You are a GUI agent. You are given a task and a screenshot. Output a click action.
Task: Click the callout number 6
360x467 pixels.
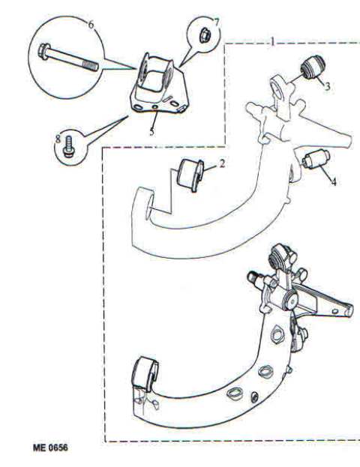91,25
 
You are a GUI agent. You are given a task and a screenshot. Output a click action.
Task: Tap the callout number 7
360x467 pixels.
217,22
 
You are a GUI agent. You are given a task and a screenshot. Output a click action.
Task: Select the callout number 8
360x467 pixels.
58,138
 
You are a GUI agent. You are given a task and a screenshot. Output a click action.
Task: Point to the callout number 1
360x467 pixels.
271,41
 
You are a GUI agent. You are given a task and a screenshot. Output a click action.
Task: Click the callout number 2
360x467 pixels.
222,163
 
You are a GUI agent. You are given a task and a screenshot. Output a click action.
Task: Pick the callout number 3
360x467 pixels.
327,86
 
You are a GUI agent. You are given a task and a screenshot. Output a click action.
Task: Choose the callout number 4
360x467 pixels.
334,181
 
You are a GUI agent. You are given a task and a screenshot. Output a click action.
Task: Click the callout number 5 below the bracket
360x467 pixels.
152,131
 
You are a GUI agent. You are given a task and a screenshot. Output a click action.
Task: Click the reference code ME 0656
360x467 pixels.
50,448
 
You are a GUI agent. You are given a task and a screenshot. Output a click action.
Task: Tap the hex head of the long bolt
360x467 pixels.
44,52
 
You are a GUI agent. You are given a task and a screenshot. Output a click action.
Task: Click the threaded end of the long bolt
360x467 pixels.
90,66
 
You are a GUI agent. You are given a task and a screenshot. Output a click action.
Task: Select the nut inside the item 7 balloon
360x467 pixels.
205,34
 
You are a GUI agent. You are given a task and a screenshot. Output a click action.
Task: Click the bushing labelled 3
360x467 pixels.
313,66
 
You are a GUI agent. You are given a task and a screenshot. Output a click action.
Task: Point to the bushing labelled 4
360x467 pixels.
315,159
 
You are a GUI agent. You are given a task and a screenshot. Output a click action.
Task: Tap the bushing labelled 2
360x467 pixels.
190,175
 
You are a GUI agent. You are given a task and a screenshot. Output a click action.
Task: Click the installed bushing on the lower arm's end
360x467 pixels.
145,373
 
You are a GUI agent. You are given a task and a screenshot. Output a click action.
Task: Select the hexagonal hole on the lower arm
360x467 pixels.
277,335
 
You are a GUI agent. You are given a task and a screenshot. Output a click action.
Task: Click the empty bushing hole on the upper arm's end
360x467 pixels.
148,205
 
